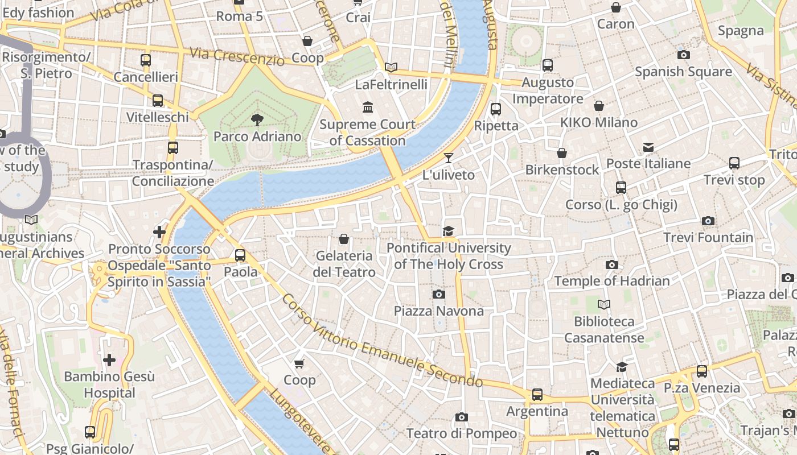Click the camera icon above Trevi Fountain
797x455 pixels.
[708, 221]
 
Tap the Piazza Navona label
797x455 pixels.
[438, 311]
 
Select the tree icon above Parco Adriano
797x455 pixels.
[257, 119]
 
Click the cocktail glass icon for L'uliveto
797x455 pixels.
[449, 158]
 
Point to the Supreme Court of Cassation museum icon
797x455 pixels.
[368, 107]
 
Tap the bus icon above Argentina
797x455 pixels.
[537, 394]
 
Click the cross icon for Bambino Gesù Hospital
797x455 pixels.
[109, 359]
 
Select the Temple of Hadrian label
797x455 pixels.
[612, 281]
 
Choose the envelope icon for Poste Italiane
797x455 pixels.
[648, 147]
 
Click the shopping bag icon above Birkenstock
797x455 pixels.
[562, 153]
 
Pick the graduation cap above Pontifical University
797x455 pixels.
[449, 231]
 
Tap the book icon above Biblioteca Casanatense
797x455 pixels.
[604, 305]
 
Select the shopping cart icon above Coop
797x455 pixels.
[299, 363]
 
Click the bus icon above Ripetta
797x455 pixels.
[496, 109]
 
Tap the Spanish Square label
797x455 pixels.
[683, 72]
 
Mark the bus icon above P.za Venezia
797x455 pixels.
[702, 371]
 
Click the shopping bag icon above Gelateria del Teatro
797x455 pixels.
[344, 239]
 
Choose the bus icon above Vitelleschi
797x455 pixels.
[158, 101]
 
